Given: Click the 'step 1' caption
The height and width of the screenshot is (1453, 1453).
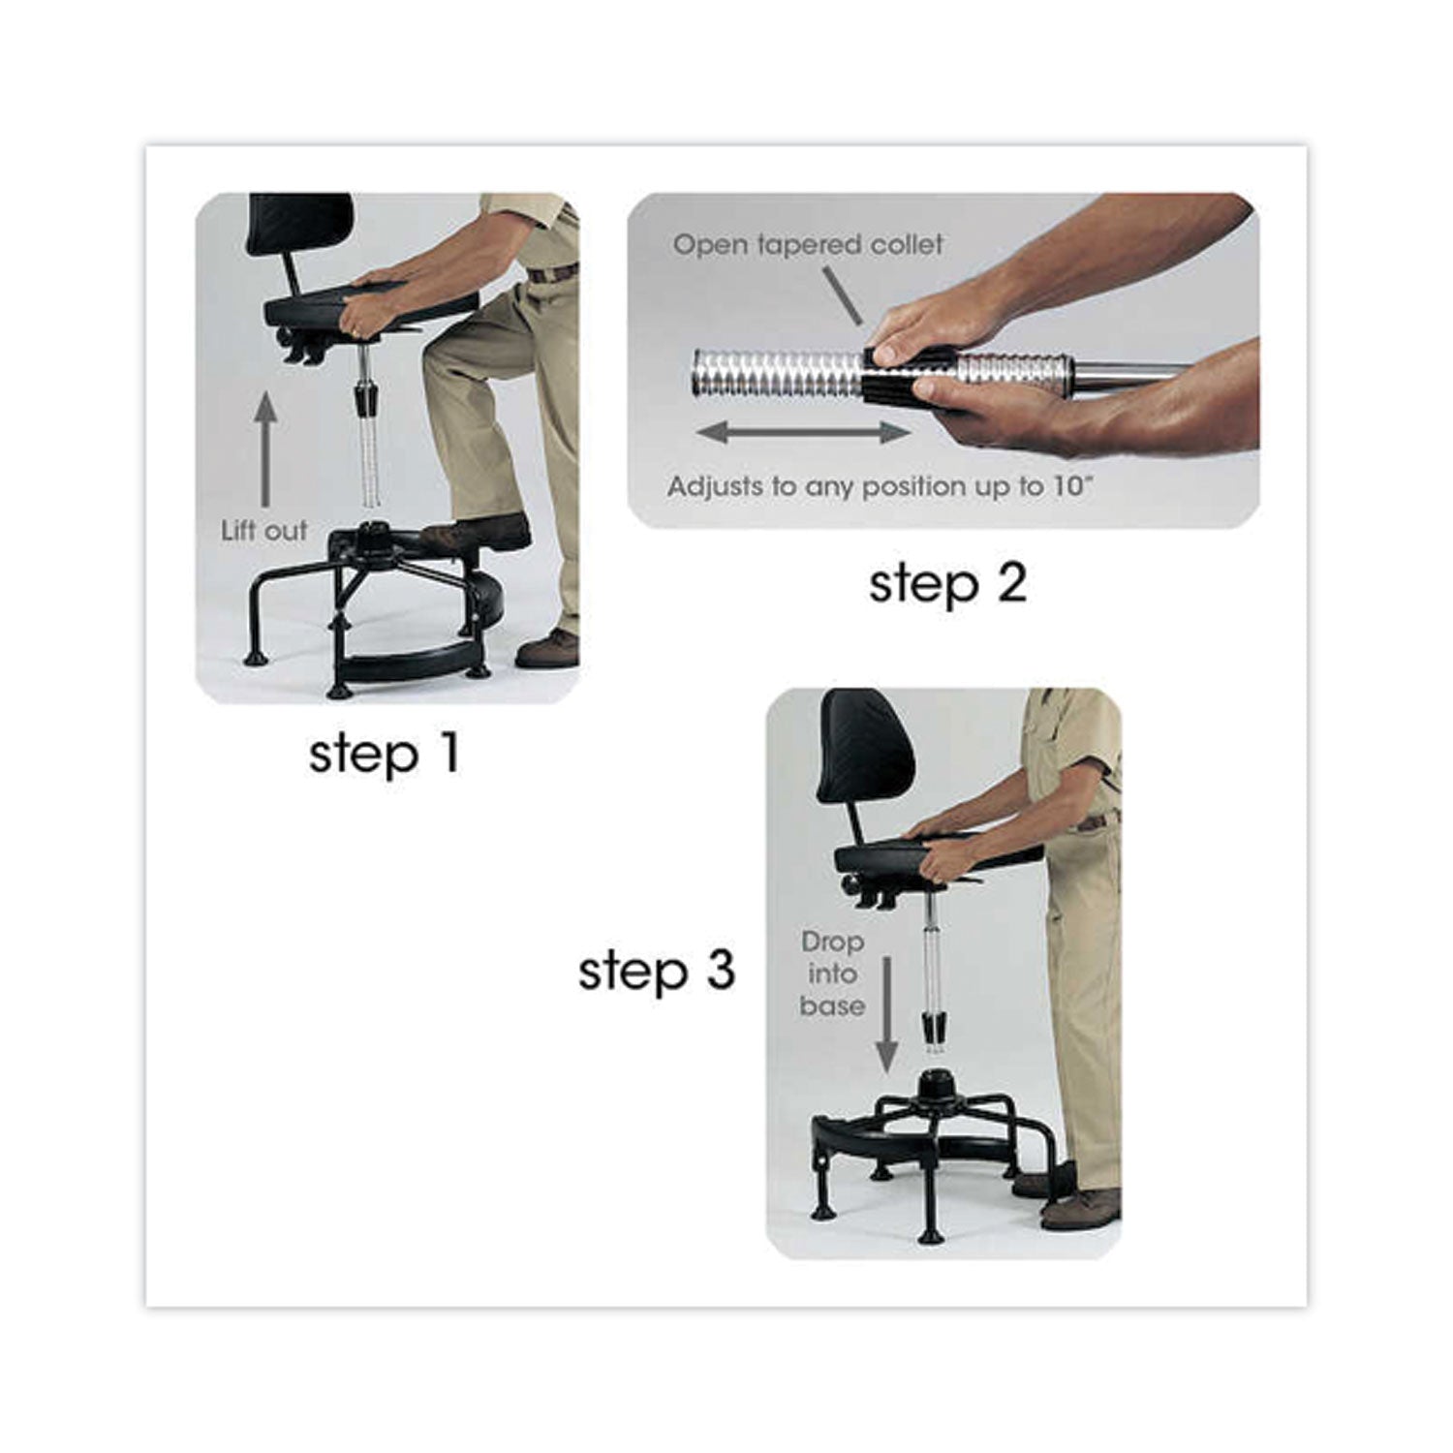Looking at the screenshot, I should coord(384,754).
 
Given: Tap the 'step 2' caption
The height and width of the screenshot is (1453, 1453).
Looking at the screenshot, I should coord(946,584).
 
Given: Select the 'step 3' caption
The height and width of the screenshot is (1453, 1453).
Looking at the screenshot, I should coord(657,972).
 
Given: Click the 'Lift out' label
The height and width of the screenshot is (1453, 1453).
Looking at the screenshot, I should coord(263,531).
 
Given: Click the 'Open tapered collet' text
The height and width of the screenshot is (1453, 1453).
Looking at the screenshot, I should coord(807,245).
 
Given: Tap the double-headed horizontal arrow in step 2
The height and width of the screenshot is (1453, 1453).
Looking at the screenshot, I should coord(803,433).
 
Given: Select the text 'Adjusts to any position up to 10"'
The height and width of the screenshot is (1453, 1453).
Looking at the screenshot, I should coord(880,485).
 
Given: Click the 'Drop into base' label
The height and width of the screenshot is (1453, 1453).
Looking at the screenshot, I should coord(832,974).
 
